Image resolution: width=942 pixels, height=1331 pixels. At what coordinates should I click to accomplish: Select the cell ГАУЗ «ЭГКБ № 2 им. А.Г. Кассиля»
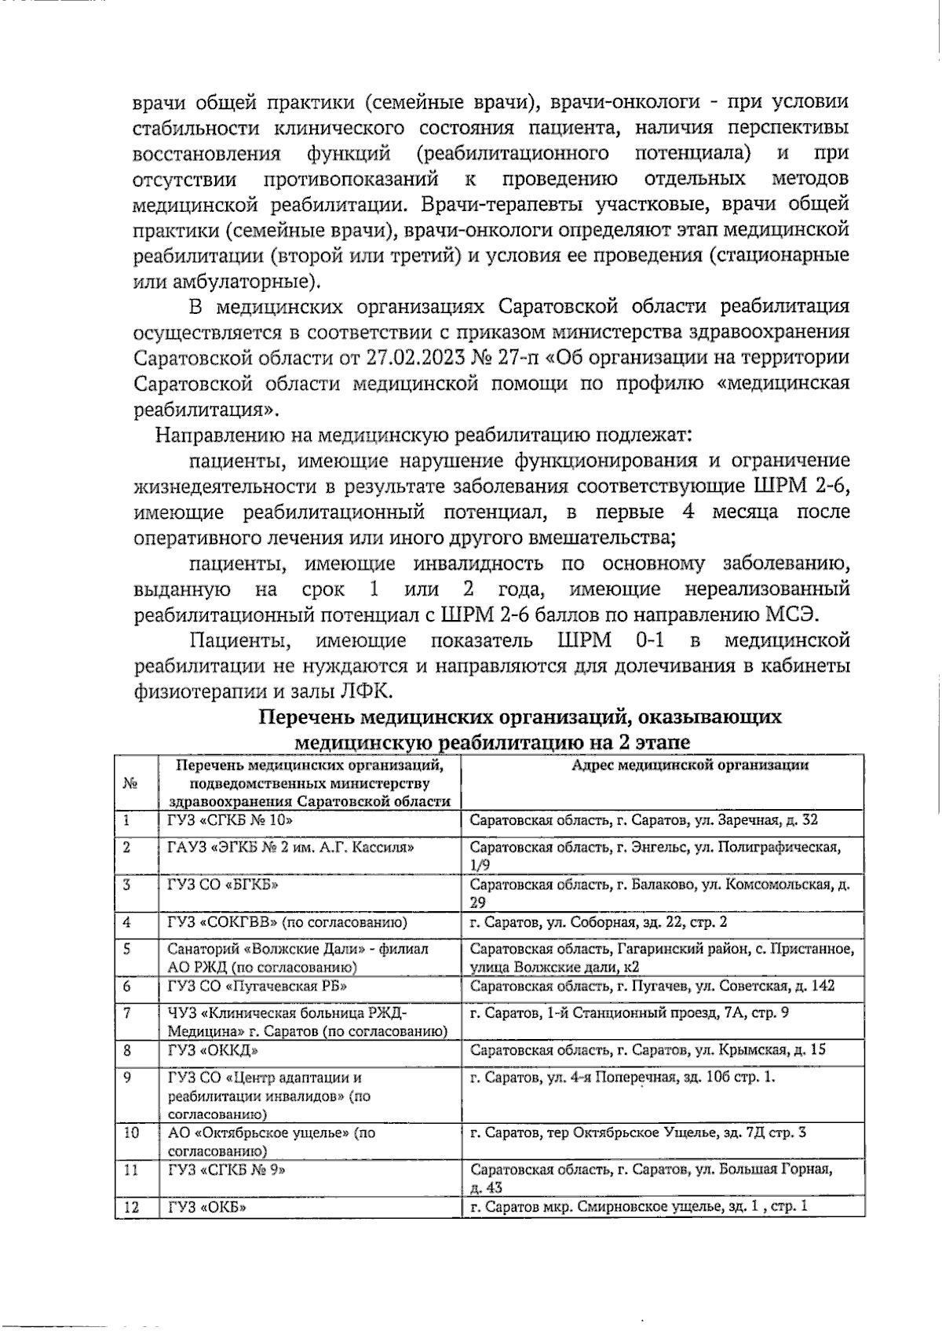[x=291, y=847]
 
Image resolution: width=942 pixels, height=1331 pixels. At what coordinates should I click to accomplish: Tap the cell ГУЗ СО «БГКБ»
[x=224, y=884]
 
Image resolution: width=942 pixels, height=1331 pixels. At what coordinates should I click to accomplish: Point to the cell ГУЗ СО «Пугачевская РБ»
[x=258, y=986]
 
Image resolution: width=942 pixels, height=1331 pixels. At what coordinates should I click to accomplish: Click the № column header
[x=130, y=783]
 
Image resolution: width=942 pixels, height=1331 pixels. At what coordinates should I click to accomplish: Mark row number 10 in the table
[x=132, y=1132]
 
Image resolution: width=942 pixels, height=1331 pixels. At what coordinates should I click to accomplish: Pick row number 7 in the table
[x=126, y=1012]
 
